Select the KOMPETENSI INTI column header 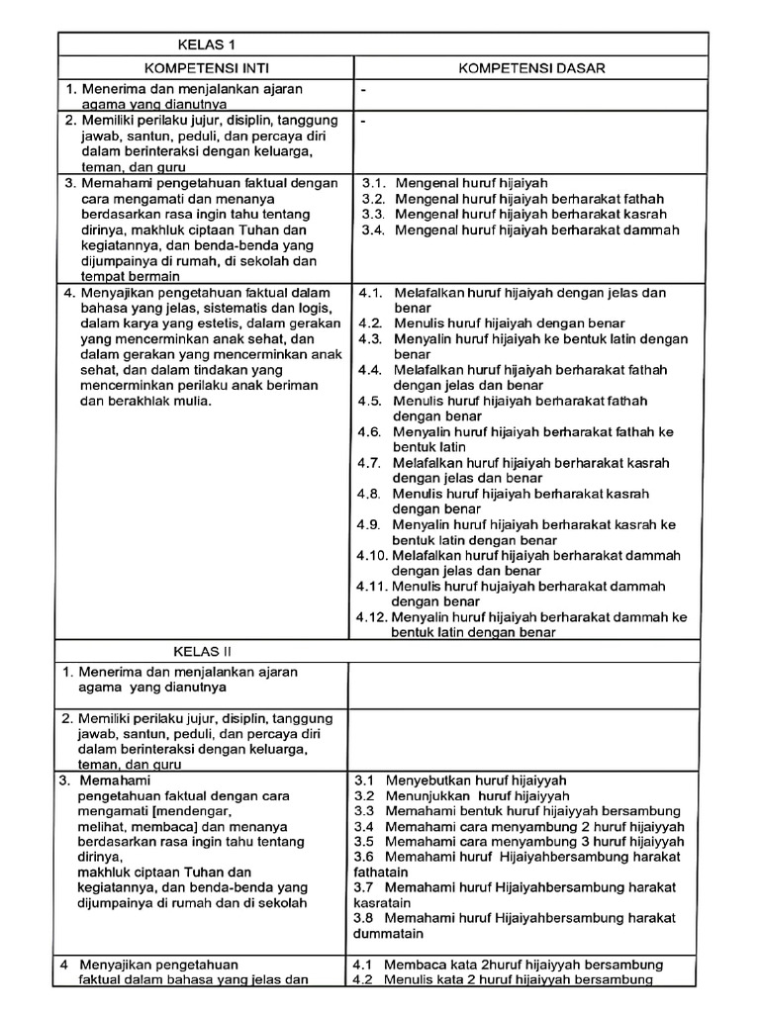(206, 67)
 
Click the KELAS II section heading (204, 651)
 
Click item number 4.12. (371, 617)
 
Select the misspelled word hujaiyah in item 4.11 (511, 586)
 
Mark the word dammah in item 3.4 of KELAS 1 (647, 230)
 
